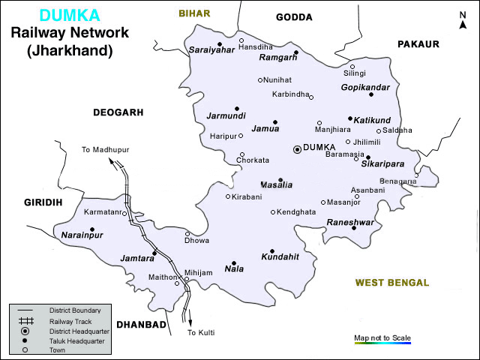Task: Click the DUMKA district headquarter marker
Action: (x=297, y=149)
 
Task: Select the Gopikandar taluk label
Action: (x=365, y=87)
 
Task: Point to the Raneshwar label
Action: (x=349, y=222)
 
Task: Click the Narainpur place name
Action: (x=81, y=235)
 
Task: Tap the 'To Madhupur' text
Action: (x=105, y=150)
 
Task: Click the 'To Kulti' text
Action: (x=201, y=332)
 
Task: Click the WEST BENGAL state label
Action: (x=391, y=283)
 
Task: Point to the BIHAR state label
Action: (x=194, y=13)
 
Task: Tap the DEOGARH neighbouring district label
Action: (x=117, y=112)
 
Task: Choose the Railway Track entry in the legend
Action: (x=65, y=320)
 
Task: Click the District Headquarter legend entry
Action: (x=79, y=330)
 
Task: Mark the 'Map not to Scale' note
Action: (x=382, y=338)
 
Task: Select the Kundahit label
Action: (x=280, y=256)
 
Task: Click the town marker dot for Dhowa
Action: (x=187, y=233)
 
